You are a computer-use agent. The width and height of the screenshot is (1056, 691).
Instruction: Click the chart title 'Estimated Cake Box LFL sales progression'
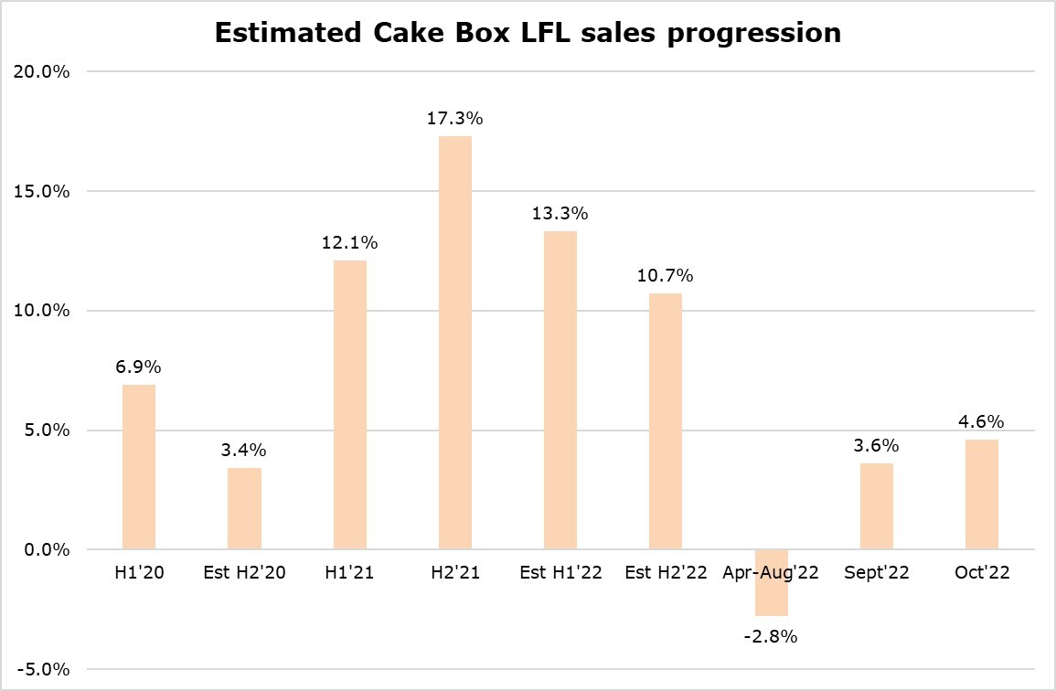(x=528, y=33)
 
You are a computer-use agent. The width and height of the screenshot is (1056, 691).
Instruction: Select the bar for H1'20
(x=139, y=467)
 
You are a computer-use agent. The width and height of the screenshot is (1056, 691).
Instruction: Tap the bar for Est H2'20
(x=245, y=508)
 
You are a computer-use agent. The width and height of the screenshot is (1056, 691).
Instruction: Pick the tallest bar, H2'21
(x=455, y=343)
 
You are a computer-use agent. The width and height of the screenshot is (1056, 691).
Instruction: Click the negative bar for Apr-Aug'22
(x=771, y=582)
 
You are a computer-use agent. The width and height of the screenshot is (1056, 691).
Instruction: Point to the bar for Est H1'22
(x=560, y=390)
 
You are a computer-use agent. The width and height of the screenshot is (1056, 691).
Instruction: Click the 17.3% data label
(x=455, y=119)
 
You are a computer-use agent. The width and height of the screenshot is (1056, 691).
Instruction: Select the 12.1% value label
(x=350, y=243)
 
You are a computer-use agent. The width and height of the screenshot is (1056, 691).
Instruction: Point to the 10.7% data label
(x=666, y=276)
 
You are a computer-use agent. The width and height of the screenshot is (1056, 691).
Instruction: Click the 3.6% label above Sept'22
(x=876, y=446)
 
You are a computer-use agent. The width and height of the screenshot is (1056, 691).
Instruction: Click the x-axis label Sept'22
(x=876, y=573)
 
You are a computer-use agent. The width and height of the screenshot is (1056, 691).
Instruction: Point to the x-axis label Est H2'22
(x=666, y=573)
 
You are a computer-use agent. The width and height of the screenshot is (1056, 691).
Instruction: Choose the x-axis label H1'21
(x=350, y=573)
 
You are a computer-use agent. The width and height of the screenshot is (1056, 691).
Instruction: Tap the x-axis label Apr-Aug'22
(x=771, y=573)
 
